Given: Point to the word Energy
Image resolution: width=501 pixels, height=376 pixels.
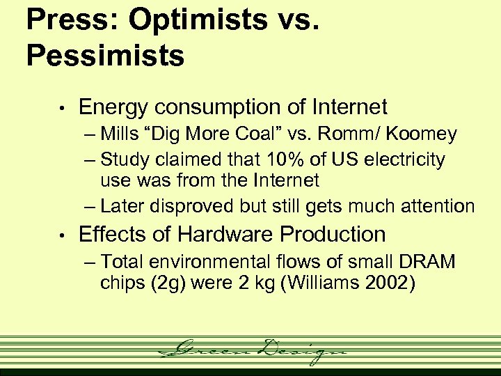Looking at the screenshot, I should pyautogui.click(x=113, y=108).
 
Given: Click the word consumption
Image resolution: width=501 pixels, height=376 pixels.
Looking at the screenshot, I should pyautogui.click(x=223, y=108).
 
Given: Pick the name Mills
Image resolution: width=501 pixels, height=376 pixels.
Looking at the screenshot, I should pyautogui.click(x=119, y=134).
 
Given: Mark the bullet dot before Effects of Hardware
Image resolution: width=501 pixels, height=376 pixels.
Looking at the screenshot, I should pyautogui.click(x=62, y=235).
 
